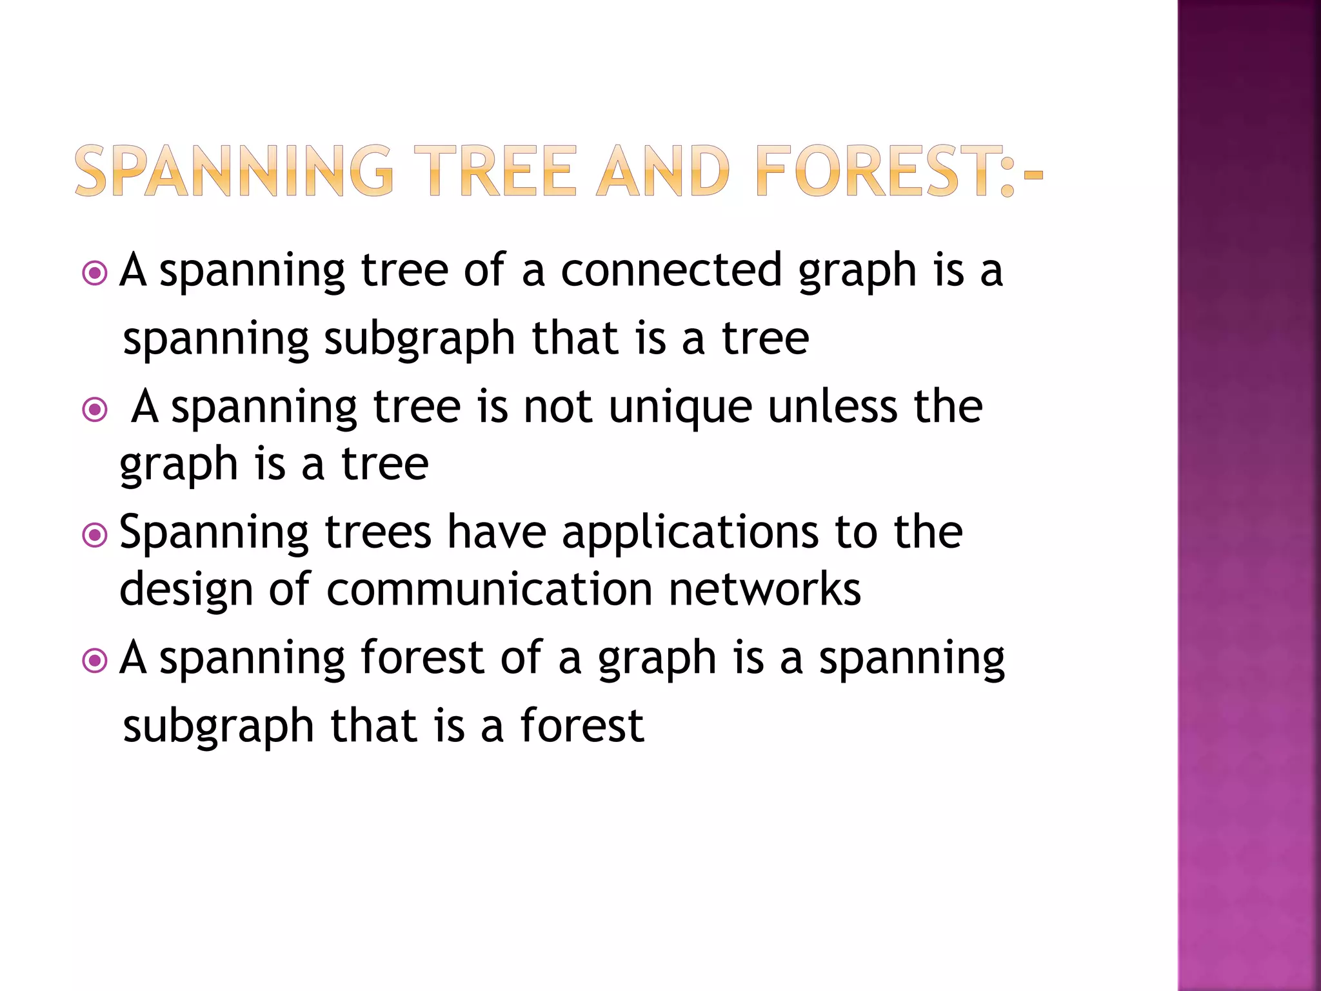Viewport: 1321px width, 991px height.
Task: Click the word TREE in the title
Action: (x=495, y=171)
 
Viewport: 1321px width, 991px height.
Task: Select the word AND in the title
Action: (x=663, y=171)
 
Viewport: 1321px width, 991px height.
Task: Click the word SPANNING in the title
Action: (x=233, y=171)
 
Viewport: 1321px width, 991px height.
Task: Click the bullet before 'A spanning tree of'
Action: (x=95, y=274)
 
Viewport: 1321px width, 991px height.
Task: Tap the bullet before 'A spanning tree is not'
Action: (x=95, y=410)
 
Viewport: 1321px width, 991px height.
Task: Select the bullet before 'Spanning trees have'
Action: (x=95, y=535)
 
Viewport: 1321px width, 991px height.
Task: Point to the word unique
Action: (x=680, y=408)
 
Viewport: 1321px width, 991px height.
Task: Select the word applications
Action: (x=690, y=534)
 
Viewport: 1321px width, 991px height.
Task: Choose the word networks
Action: (x=764, y=589)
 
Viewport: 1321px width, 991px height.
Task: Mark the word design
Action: (x=186, y=590)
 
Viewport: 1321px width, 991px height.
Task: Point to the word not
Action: (x=558, y=408)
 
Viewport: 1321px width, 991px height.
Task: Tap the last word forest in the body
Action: (x=582, y=725)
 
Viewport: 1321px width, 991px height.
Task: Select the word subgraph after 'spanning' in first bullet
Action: (x=419, y=340)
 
